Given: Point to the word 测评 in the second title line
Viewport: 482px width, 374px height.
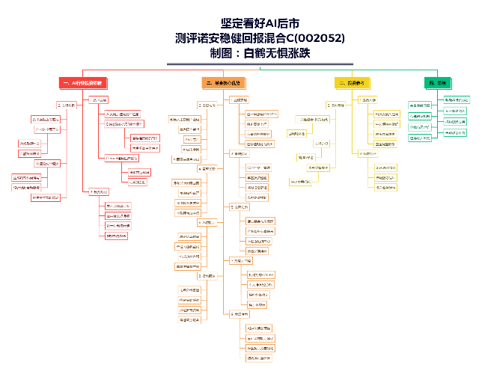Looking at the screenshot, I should tap(187, 39).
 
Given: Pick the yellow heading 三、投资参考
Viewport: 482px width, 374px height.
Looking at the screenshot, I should tap(353, 82).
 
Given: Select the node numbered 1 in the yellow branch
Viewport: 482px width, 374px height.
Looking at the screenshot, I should tap(367, 99).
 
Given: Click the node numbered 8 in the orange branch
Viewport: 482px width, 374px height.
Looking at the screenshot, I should tap(210, 276).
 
